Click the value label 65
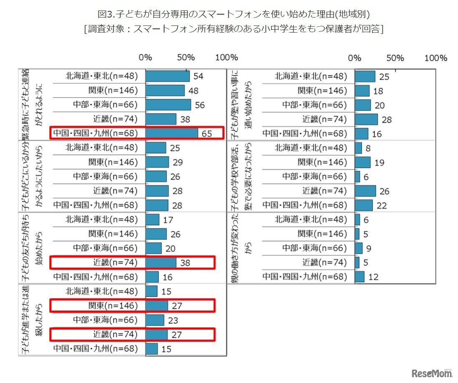point(207,134)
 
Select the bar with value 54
point(167,76)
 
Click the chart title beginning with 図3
point(233,14)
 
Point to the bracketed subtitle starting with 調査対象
point(233,29)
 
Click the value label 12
point(374,277)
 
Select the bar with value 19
point(362,162)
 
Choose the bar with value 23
point(155,320)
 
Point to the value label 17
point(169,220)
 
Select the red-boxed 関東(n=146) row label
point(113,306)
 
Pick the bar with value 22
point(364,205)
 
